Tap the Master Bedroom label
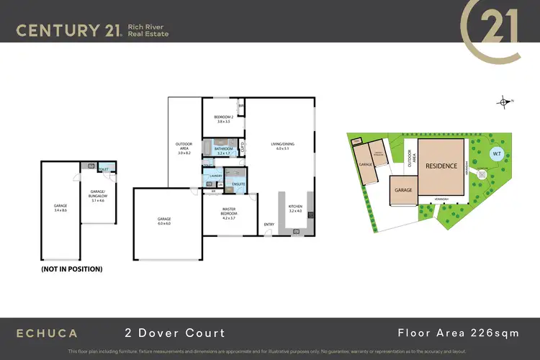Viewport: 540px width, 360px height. [229, 212]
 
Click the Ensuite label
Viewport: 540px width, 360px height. [238, 184]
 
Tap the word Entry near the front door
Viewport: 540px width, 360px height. [269, 224]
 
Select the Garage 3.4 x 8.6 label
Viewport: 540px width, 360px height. [60, 208]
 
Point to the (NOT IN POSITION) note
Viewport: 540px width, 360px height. [71, 269]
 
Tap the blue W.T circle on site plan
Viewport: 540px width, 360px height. [495, 154]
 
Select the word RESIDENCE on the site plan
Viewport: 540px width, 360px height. [441, 166]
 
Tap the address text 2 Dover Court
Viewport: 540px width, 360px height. [172, 333]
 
